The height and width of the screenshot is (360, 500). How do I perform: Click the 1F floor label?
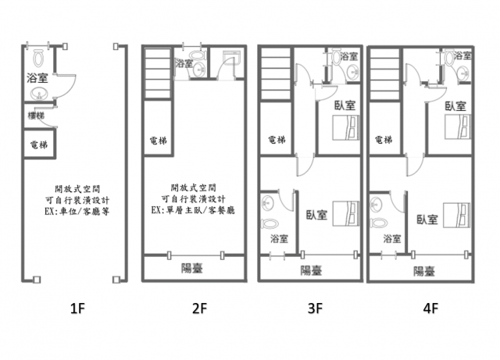click(x=77, y=308)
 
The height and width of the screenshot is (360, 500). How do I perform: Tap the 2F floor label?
click(x=200, y=308)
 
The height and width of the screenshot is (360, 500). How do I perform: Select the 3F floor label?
click(x=315, y=308)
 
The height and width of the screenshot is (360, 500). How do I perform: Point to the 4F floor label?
click(x=430, y=308)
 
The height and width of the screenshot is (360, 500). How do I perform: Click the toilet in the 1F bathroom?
click(x=38, y=58)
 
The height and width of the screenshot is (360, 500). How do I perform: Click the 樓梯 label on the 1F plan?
click(x=36, y=116)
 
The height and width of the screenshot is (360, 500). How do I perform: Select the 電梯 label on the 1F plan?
click(x=39, y=145)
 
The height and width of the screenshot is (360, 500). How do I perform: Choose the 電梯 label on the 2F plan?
click(x=158, y=141)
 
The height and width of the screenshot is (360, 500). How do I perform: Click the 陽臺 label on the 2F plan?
click(x=192, y=268)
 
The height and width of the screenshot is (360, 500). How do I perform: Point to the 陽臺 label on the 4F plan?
click(x=424, y=271)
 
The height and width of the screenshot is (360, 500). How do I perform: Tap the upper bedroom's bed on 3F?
click(x=346, y=127)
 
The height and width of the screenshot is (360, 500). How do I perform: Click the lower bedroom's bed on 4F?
click(x=456, y=215)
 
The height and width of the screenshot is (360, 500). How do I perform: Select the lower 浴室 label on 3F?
click(x=280, y=238)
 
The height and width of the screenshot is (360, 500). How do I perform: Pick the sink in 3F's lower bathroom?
click(x=267, y=203)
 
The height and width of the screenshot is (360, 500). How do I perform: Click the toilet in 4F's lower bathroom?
click(x=379, y=223)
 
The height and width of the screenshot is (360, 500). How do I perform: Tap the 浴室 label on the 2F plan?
click(x=184, y=62)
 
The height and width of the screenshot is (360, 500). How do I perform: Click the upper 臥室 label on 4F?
click(x=455, y=106)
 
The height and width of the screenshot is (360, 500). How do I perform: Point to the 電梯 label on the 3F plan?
click(x=277, y=139)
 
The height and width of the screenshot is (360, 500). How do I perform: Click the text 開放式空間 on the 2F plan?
click(x=194, y=187)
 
